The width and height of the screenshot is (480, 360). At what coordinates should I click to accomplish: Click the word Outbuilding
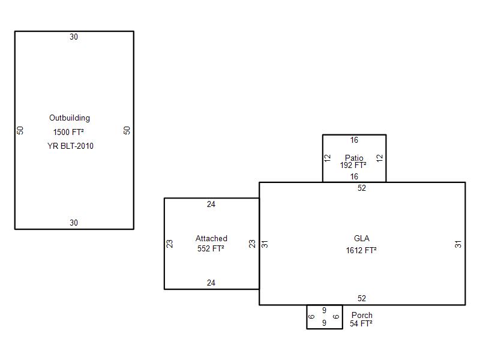pyautogui.click(x=70, y=118)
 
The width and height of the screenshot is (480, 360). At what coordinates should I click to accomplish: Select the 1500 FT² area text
pyautogui.click(x=68, y=132)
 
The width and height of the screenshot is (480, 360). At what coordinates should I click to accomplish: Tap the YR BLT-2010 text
pyautogui.click(x=70, y=146)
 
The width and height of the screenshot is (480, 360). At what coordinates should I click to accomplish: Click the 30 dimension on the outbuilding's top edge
pyautogui.click(x=74, y=37)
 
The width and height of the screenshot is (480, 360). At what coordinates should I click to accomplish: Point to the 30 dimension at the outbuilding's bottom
pyautogui.click(x=74, y=223)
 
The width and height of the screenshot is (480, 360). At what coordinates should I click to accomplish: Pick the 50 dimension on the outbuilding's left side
pyautogui.click(x=20, y=130)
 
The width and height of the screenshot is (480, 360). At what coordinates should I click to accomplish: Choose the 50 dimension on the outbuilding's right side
pyautogui.click(x=127, y=130)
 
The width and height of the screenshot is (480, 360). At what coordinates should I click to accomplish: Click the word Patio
pyautogui.click(x=354, y=158)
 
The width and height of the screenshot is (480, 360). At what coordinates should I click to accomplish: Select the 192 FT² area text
pyautogui.click(x=353, y=166)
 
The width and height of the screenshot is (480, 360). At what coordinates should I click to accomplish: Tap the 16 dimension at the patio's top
pyautogui.click(x=354, y=140)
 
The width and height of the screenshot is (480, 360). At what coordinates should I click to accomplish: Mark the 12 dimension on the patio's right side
pyautogui.click(x=380, y=158)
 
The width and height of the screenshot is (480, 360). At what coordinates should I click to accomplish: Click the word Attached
pyautogui.click(x=211, y=238)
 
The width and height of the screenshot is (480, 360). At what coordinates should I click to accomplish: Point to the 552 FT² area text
pyautogui.click(x=211, y=248)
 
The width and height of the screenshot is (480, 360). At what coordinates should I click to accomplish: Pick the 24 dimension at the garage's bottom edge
pyautogui.click(x=211, y=283)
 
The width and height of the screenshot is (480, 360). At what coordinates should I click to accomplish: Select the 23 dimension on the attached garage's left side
pyautogui.click(x=170, y=244)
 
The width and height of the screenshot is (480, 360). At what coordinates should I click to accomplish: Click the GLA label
pyautogui.click(x=362, y=238)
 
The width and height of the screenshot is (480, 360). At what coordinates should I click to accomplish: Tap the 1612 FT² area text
pyautogui.click(x=361, y=250)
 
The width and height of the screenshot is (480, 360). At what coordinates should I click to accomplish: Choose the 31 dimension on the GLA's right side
pyautogui.click(x=458, y=244)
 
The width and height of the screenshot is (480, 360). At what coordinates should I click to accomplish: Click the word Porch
pyautogui.click(x=362, y=316)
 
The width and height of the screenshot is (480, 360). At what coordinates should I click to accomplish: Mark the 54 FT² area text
pyautogui.click(x=361, y=323)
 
